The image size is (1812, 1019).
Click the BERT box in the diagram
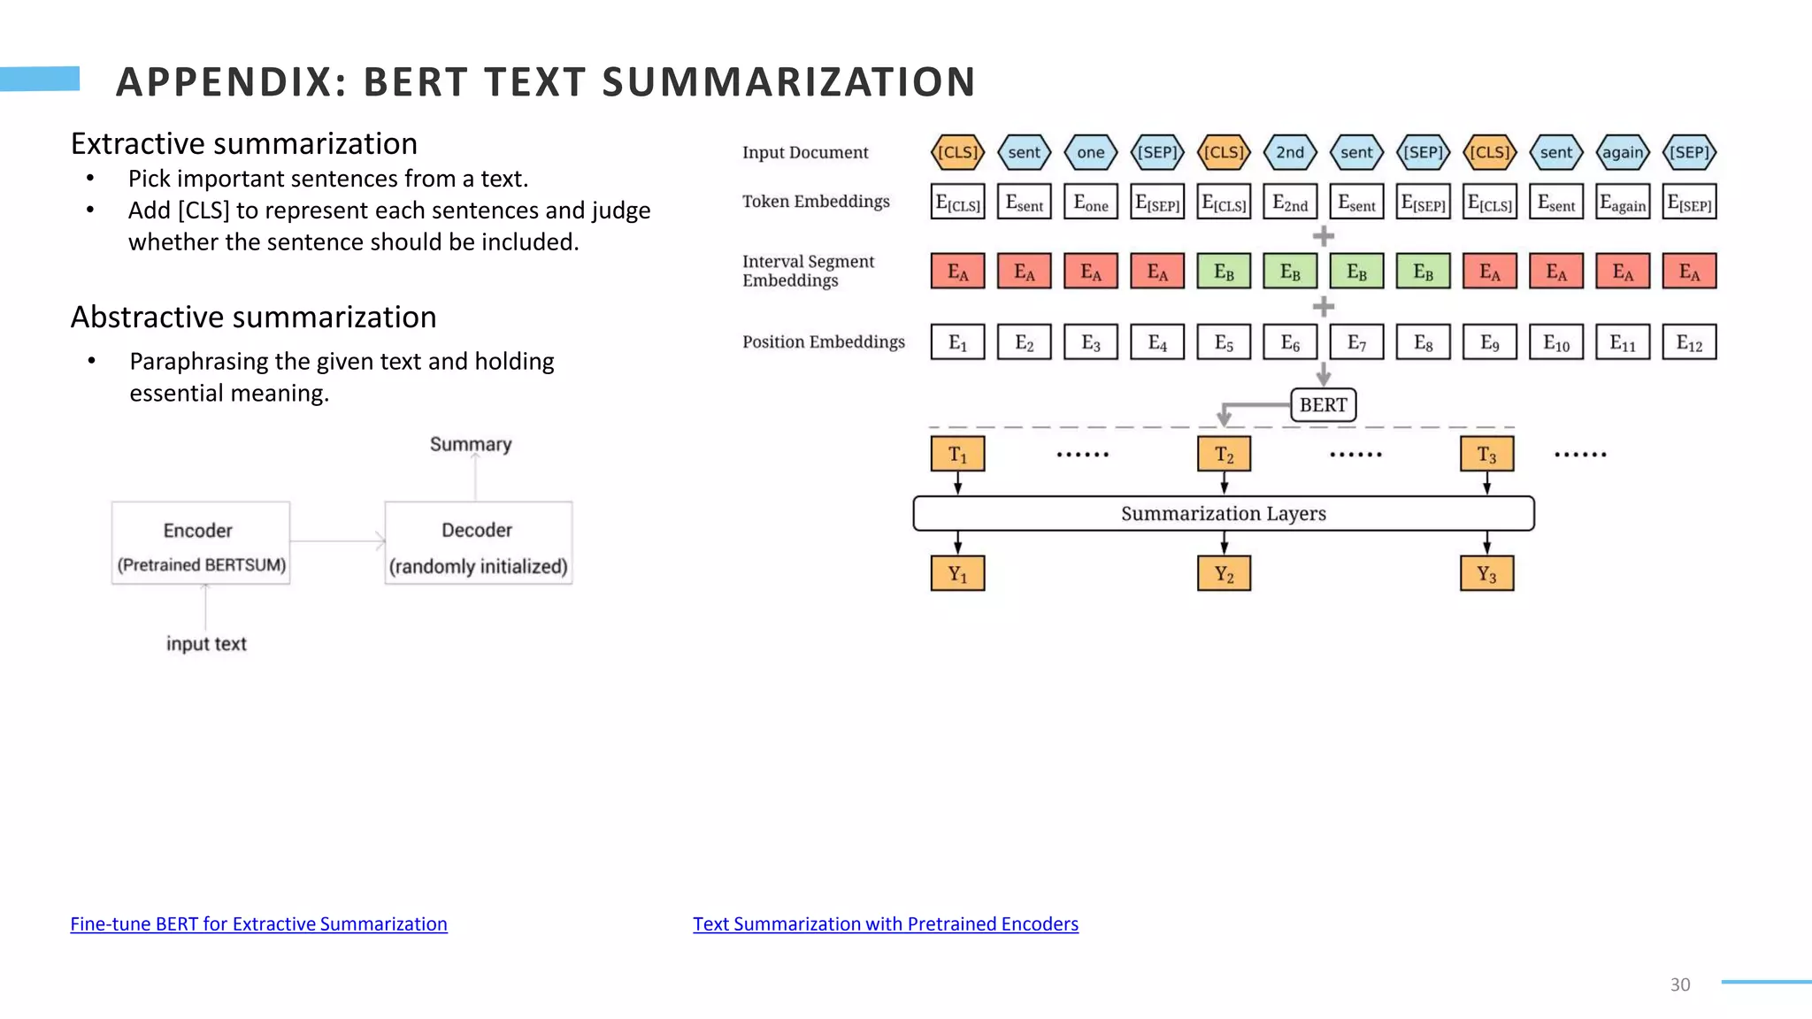pyautogui.click(x=1323, y=405)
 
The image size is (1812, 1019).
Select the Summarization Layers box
pyautogui.click(x=1223, y=513)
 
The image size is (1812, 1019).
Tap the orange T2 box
pyautogui.click(x=1224, y=455)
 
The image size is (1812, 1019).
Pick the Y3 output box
pyautogui.click(x=1486, y=574)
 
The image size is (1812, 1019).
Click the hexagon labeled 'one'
pyautogui.click(x=1090, y=152)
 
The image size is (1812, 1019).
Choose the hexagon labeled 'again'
pyautogui.click(x=1623, y=152)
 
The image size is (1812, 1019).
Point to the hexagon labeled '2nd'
pyautogui.click(x=1290, y=152)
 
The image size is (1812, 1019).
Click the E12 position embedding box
pyautogui.click(x=1689, y=342)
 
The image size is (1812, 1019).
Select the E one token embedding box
pyautogui.click(x=1090, y=203)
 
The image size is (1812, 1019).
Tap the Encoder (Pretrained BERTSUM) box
pyautogui.click(x=201, y=543)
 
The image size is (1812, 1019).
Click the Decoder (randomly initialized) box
pyautogui.click(x=478, y=543)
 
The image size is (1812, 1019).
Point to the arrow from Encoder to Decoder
pyautogui.click(x=337, y=540)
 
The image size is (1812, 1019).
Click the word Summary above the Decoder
pyautogui.click(x=471, y=444)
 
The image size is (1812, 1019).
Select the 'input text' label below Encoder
pyautogui.click(x=206, y=644)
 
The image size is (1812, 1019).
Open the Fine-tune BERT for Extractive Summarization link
pyautogui.click(x=258, y=923)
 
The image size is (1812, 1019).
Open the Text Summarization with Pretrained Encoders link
pyautogui.click(x=885, y=923)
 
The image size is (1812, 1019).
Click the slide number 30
pyautogui.click(x=1679, y=985)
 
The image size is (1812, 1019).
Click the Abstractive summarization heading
pyautogui.click(x=253, y=317)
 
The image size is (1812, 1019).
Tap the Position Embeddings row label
pyautogui.click(x=823, y=341)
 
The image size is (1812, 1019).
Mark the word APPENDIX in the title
pyautogui.click(x=231, y=82)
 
